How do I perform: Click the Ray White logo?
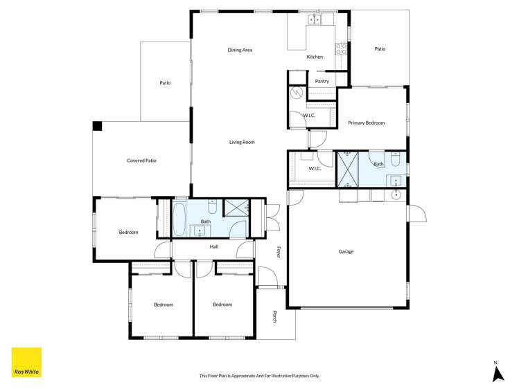[x=26, y=363]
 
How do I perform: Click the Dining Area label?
[x=240, y=50]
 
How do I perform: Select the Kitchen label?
[x=315, y=57]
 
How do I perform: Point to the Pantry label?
[x=322, y=81]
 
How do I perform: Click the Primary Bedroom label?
[x=366, y=123]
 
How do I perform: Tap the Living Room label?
[x=242, y=142]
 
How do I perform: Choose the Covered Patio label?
[x=141, y=161]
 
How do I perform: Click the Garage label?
[x=346, y=251]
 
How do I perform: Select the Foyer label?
[x=279, y=252]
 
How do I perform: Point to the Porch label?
[x=275, y=316]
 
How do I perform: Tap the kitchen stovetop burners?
[x=341, y=48]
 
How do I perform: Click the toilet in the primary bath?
[x=394, y=161]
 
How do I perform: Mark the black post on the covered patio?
[x=98, y=126]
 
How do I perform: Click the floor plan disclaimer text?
[x=259, y=376]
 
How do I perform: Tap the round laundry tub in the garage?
[x=396, y=195]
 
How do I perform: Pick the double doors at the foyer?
[x=272, y=217]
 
